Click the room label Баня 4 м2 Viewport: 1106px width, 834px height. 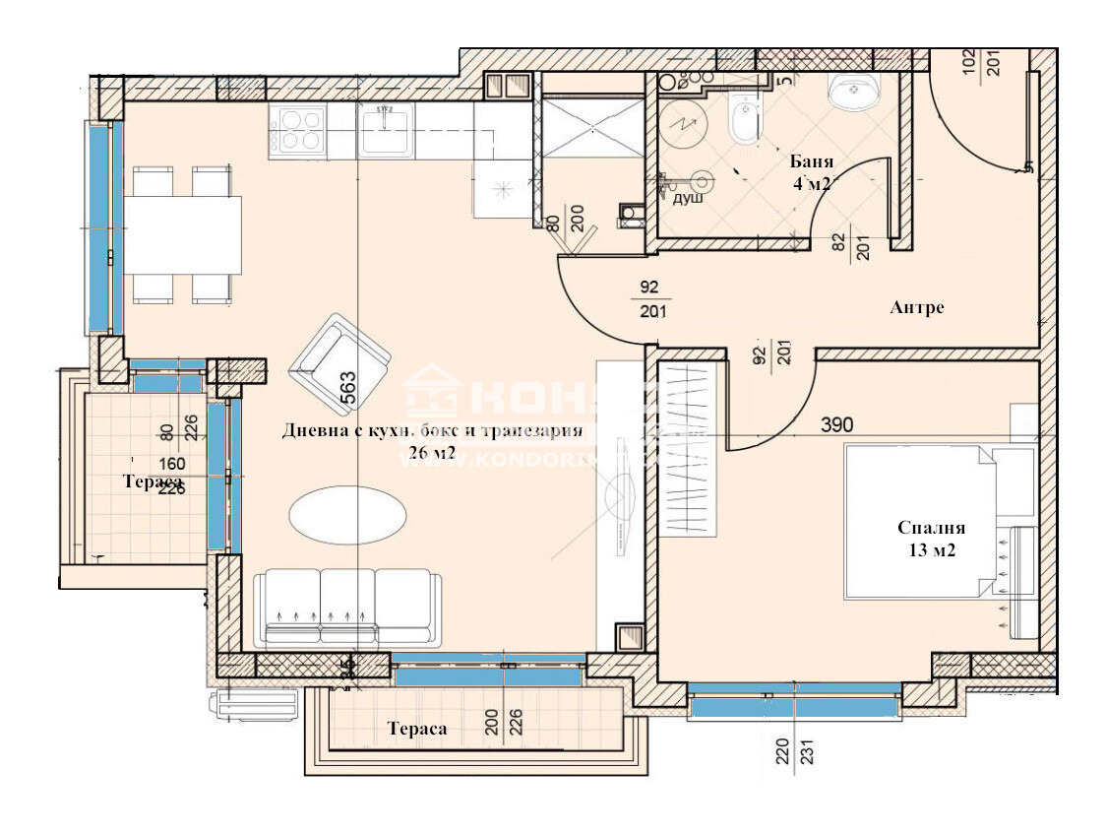(x=812, y=171)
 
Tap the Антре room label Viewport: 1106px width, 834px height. (x=916, y=308)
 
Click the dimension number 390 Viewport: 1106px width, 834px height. (x=836, y=425)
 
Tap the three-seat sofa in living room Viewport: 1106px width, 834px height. (x=347, y=607)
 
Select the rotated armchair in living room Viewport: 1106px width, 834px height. (x=338, y=361)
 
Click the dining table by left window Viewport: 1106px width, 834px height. (x=182, y=235)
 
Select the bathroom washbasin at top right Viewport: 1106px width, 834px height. (x=853, y=94)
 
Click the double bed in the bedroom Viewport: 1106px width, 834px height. (x=920, y=520)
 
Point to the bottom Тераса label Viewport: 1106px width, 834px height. (x=417, y=729)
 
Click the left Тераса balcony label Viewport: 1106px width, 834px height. (x=152, y=481)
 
